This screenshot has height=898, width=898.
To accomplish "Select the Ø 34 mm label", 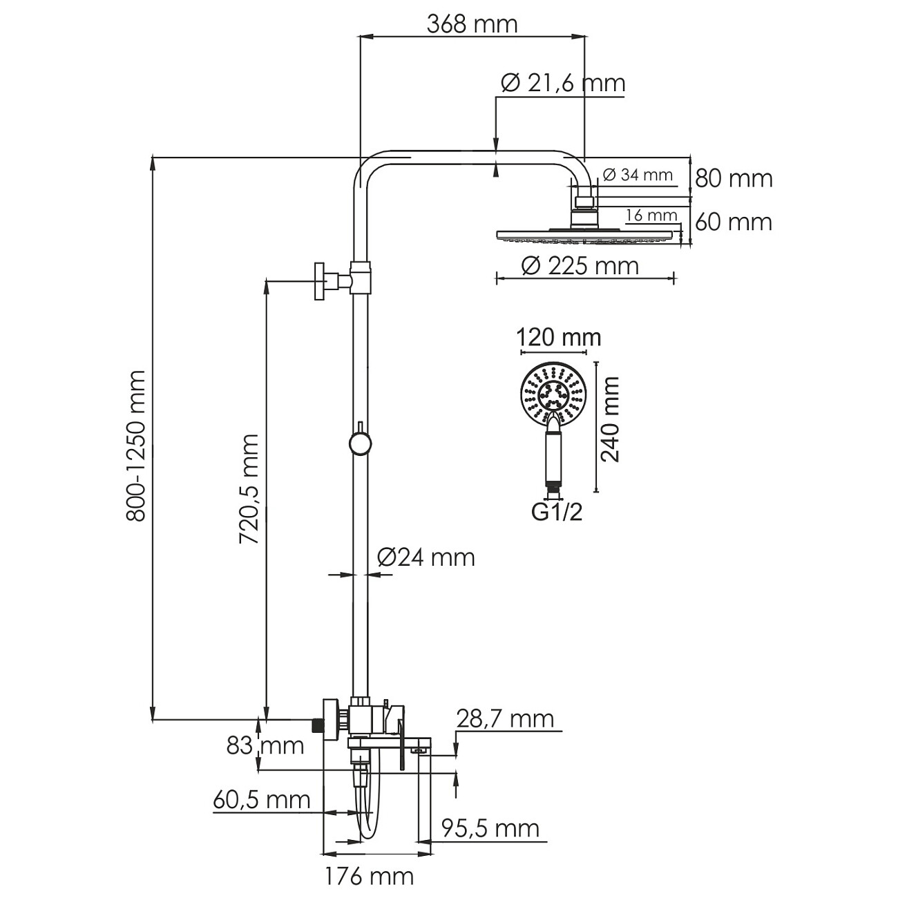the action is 638,175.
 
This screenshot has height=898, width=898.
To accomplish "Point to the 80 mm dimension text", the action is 734,178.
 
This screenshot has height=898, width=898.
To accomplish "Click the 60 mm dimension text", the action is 734,222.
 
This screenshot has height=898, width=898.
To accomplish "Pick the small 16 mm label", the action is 651,216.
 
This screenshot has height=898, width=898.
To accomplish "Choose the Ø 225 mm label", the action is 580,267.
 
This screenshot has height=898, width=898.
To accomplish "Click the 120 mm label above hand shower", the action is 559,337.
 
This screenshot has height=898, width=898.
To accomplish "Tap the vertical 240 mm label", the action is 610,419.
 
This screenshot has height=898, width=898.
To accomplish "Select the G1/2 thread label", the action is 557,513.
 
